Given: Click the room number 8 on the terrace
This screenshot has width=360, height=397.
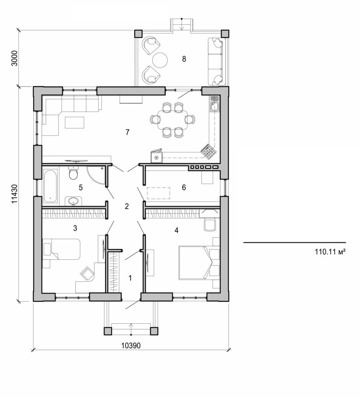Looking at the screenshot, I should (184, 59).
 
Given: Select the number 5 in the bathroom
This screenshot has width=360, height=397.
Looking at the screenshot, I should (81, 188).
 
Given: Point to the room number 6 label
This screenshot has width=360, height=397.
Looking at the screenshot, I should (184, 188).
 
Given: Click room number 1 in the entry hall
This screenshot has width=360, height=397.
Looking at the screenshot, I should (130, 278).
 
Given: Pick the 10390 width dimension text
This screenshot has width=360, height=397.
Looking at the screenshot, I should (130, 346).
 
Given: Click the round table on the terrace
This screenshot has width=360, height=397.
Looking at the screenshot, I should (159, 60).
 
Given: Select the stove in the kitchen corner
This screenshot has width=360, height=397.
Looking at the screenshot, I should (208, 152).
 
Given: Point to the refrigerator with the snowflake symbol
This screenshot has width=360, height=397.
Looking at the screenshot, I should (156, 157).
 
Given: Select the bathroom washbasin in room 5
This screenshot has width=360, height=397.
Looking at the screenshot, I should (73, 201).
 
